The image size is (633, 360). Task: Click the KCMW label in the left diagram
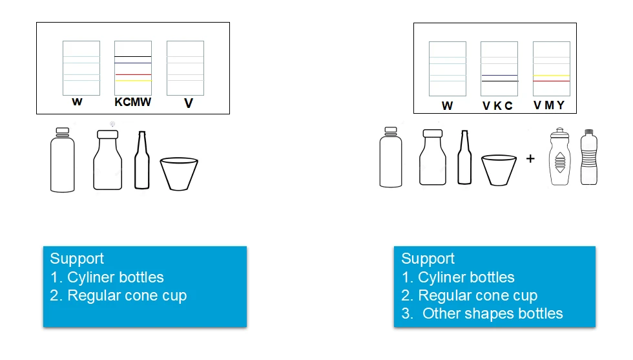(x=133, y=102)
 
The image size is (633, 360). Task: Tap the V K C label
(x=497, y=106)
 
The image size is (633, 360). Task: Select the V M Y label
(x=549, y=105)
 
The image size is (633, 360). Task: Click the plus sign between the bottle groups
(x=530, y=158)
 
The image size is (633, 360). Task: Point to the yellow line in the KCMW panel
(x=134, y=81)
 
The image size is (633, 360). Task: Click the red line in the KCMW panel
(x=133, y=75)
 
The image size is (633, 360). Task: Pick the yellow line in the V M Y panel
(x=552, y=76)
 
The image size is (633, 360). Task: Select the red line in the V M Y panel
(x=552, y=81)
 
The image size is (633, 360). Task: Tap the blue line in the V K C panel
(x=499, y=75)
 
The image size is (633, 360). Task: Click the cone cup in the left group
(x=179, y=174)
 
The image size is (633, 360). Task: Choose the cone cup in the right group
(x=499, y=170)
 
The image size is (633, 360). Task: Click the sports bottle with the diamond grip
(x=560, y=157)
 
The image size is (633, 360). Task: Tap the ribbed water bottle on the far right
(x=589, y=157)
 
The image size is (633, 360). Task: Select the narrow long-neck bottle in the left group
(x=141, y=160)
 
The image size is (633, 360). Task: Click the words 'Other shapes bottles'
(x=492, y=313)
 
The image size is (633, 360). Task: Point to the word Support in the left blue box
(x=77, y=259)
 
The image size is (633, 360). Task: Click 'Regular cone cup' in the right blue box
(x=477, y=295)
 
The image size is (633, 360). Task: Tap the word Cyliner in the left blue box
(x=90, y=277)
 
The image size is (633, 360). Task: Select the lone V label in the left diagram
(x=189, y=103)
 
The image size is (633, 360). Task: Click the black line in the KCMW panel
(x=133, y=57)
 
